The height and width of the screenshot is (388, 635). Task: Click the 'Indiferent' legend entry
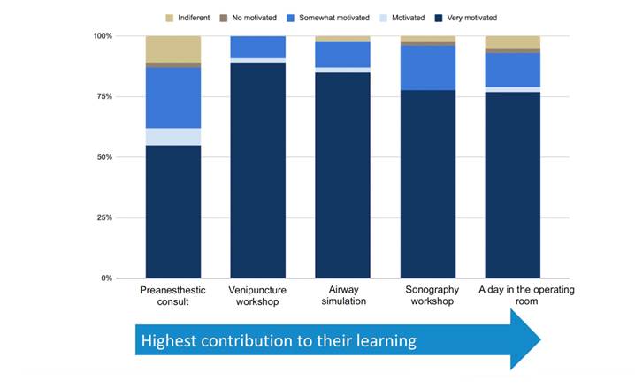[x=193, y=18]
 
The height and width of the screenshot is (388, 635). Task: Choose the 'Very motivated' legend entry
[x=471, y=18]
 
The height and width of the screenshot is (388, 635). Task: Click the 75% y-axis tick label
[x=104, y=96]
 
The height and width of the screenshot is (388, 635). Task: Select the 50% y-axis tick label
[x=104, y=157]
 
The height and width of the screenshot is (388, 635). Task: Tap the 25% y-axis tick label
[x=104, y=217]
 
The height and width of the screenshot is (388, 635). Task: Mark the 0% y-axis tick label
[x=107, y=278]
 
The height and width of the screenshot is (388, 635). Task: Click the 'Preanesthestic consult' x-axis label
[x=172, y=295]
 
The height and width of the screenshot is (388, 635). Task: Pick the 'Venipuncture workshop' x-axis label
[x=257, y=295]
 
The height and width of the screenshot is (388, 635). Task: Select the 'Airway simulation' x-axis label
[x=342, y=295]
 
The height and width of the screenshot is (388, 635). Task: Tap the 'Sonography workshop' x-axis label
[x=428, y=295]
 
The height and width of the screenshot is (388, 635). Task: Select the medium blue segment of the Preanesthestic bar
[x=172, y=98]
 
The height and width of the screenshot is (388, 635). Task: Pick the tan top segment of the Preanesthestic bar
[x=172, y=49]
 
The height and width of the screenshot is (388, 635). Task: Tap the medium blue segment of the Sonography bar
[x=428, y=68]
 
